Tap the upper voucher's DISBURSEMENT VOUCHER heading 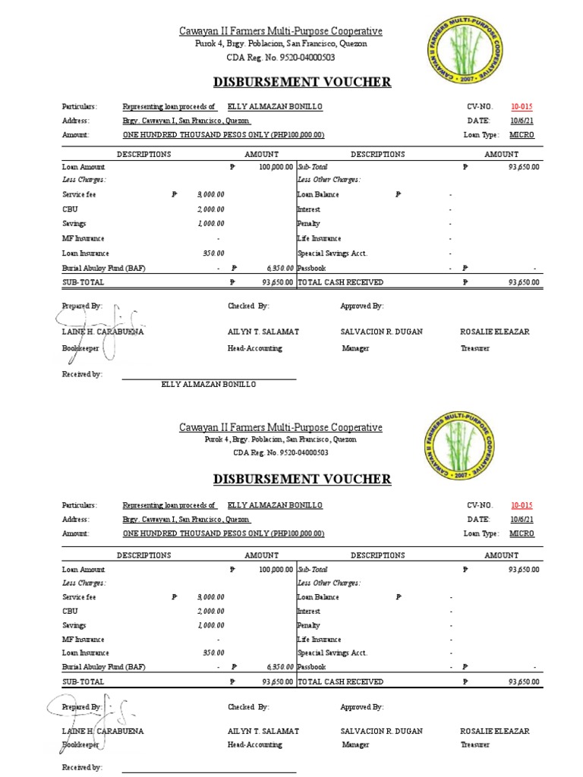pos(302,82)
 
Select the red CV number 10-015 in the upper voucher pos(522,107)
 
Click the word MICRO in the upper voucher pos(522,134)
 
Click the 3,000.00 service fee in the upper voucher pos(210,195)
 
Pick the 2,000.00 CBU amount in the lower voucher pos(210,611)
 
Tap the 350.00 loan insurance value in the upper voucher pos(213,253)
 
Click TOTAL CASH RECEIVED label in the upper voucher pos(329,282)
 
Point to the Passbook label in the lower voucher pos(311,667)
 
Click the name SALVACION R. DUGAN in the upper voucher pos(382,332)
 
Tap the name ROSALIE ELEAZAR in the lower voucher pos(495,731)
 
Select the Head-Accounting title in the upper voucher pos(255,348)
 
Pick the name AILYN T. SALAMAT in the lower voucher pos(263,731)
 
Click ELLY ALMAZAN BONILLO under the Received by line pos(209,385)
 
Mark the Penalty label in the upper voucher pos(308,224)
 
